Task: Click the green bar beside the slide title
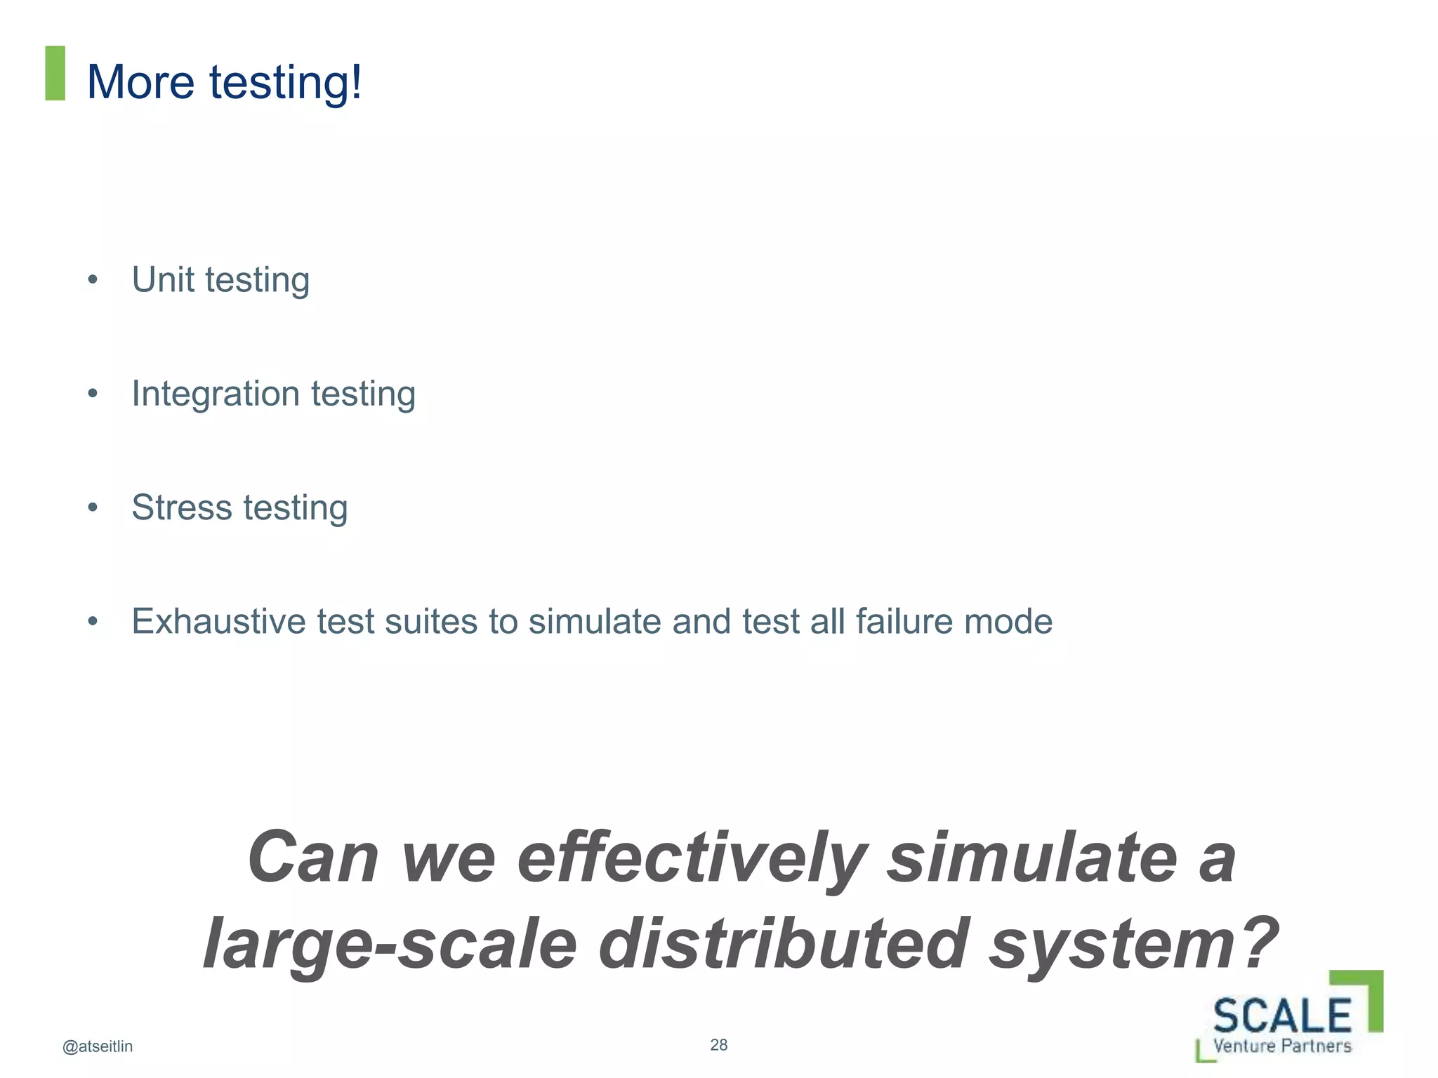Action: pos(55,73)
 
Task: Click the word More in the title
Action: pos(140,82)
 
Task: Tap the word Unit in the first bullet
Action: pos(162,279)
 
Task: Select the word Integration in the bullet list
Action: pos(216,394)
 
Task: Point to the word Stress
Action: pos(182,507)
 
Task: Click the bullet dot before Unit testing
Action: pos(93,280)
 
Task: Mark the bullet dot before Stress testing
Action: pos(93,507)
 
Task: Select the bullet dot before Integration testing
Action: pos(93,394)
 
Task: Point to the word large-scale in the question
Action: pos(390,944)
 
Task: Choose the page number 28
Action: pos(718,1045)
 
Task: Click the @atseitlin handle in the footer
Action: pos(98,1046)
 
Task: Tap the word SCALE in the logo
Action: pos(1282,1016)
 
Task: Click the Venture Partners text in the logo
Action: pos(1282,1046)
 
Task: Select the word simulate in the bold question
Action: pos(1032,858)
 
